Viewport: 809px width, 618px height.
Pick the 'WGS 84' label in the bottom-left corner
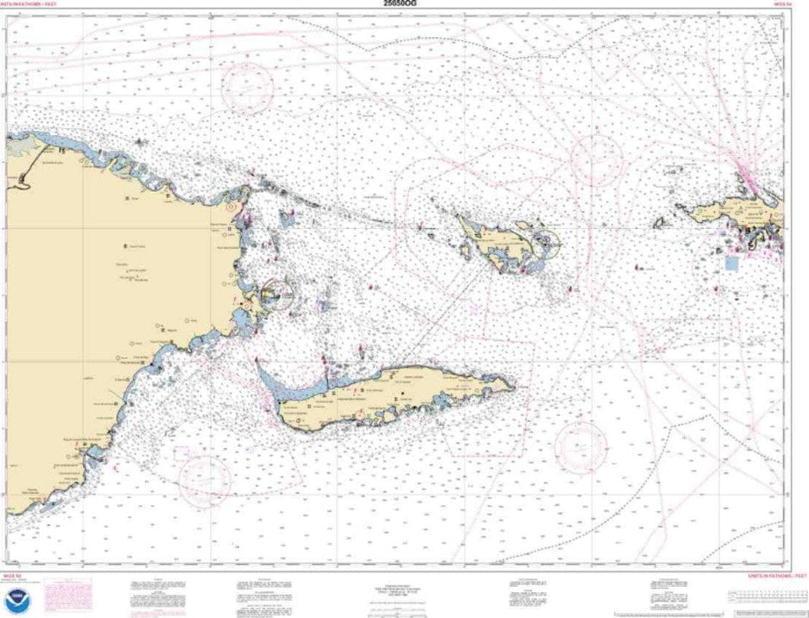coord(17,574)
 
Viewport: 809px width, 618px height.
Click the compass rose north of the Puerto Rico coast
coord(247,85)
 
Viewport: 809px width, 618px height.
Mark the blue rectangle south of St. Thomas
coord(732,263)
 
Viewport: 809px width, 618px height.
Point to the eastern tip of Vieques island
coord(514,386)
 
